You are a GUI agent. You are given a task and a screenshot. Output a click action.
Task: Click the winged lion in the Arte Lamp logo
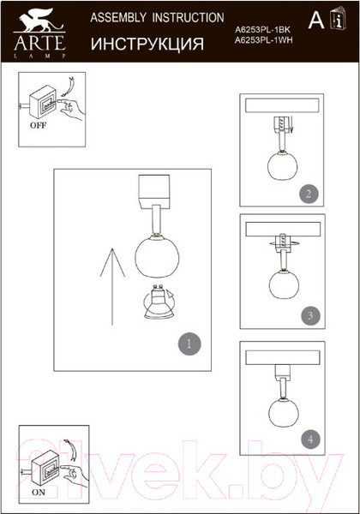click(x=39, y=21)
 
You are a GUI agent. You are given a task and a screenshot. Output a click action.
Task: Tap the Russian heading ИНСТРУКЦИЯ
click(x=147, y=44)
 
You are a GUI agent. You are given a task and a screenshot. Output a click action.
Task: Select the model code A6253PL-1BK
click(x=262, y=29)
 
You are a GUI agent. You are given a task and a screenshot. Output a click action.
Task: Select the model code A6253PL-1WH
click(x=264, y=40)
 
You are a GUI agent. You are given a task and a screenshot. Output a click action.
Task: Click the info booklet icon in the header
click(x=338, y=18)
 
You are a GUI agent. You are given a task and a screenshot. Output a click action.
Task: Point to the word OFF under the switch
click(x=38, y=125)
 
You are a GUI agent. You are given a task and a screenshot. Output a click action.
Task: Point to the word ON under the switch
click(x=39, y=492)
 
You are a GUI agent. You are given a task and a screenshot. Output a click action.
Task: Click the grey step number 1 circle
click(x=189, y=344)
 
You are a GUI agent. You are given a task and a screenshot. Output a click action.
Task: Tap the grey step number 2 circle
click(x=309, y=194)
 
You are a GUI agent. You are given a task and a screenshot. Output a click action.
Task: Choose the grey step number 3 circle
click(x=310, y=315)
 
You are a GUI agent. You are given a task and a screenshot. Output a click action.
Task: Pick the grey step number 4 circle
click(x=310, y=439)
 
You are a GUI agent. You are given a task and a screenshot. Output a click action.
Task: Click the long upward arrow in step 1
click(x=112, y=286)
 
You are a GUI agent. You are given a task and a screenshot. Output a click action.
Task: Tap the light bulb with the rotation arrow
click(x=159, y=302)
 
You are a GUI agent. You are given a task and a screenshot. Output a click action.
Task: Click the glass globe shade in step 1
click(x=157, y=257)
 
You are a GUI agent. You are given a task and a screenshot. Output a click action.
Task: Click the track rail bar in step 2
click(x=282, y=105)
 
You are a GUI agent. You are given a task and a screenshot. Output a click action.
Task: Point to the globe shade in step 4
click(x=284, y=412)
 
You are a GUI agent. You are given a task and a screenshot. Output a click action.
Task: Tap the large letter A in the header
click(x=316, y=21)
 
